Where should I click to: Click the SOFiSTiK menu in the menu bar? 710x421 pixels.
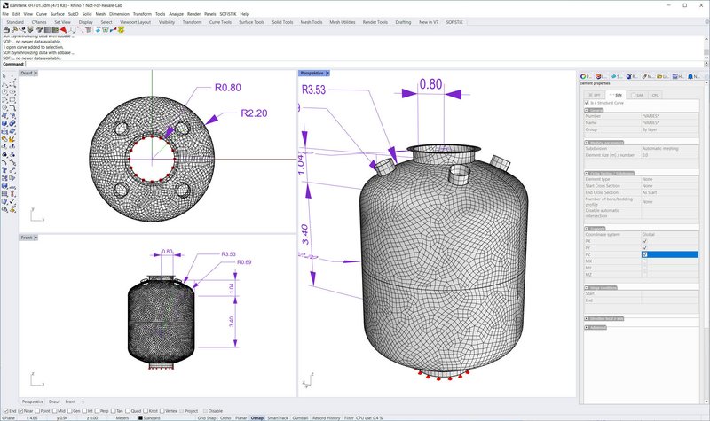click(225, 14)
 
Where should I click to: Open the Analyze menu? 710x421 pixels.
click(176, 14)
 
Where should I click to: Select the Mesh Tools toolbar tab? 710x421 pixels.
click(312, 22)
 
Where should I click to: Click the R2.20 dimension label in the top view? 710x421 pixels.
click(253, 113)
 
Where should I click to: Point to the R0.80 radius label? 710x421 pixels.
click(228, 88)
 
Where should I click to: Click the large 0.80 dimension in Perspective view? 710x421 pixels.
click(430, 84)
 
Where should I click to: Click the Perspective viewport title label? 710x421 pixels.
click(311, 73)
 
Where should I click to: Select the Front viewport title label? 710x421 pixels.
click(27, 238)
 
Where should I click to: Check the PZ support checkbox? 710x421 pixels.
click(644, 254)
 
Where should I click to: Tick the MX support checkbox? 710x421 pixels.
click(644, 261)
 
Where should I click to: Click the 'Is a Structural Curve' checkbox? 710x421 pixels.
click(587, 103)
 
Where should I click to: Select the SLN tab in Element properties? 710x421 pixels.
click(617, 94)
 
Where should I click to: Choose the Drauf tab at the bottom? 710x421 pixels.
click(54, 402)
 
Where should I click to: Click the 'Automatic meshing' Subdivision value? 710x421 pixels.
click(661, 148)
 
